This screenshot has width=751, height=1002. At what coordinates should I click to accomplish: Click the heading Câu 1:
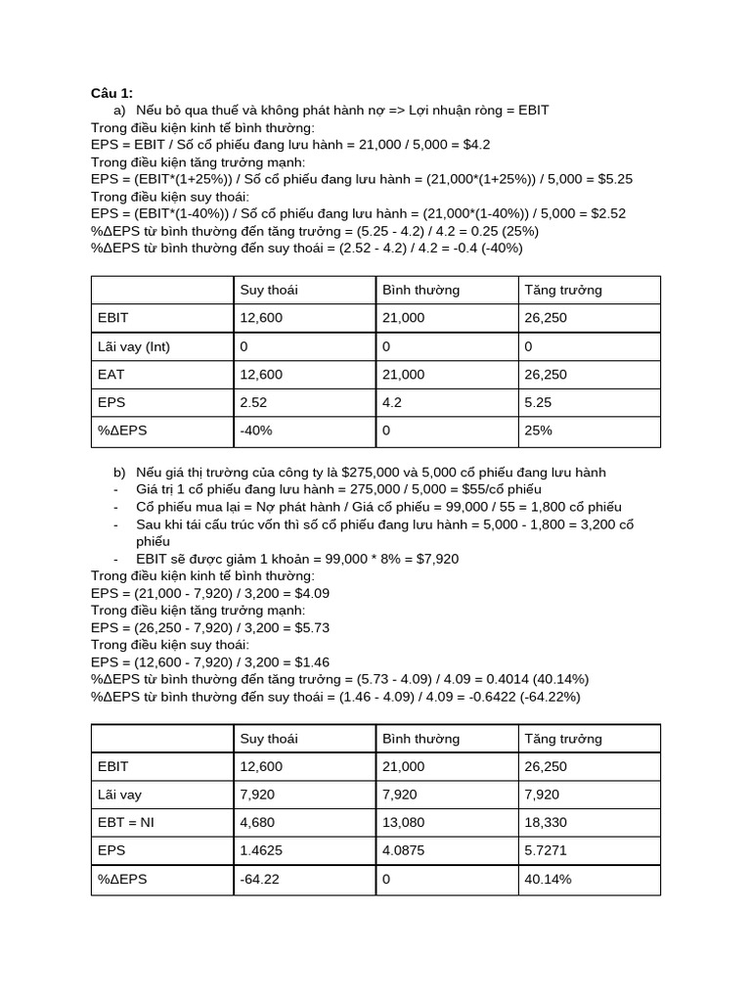tap(111, 93)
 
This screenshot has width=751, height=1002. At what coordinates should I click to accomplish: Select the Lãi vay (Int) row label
tap(134, 346)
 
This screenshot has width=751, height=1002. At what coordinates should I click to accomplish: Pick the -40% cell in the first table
tap(256, 430)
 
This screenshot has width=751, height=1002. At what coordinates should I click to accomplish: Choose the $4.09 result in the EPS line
tap(308, 593)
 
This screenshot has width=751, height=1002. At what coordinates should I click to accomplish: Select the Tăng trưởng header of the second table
tap(563, 739)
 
